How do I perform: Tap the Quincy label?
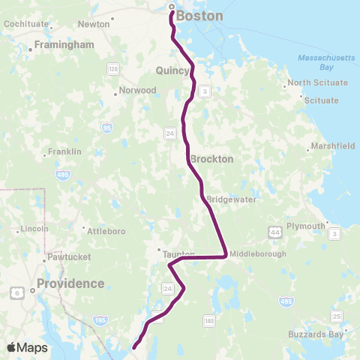coord(172,70)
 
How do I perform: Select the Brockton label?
coord(211,159)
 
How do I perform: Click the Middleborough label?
coord(258,254)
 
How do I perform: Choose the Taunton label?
coord(178,254)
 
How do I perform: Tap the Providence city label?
coord(72,283)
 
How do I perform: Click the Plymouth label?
coord(306,226)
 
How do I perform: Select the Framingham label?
coord(66,45)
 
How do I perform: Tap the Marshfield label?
coord(334,146)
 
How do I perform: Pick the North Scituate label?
coord(318,82)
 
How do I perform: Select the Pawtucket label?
coord(68,257)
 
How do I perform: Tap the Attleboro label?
coord(105,231)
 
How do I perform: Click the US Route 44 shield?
coord(277,234)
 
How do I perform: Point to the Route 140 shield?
coord(209,320)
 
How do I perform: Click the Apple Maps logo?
coord(26,347)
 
